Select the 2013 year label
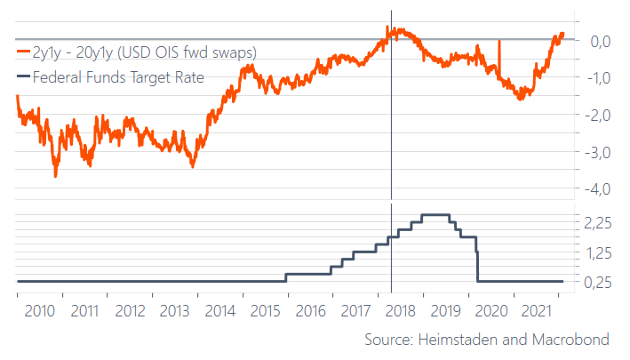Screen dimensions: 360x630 tap(175, 311)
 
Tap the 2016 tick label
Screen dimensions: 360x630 tap(309, 311)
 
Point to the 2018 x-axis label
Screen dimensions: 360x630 tap(399, 311)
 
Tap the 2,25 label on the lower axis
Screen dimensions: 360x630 tap(597, 223)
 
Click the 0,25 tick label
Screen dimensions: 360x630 tap(597, 282)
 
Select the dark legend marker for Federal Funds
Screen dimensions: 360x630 tap(22, 77)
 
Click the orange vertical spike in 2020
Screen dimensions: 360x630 tap(499, 58)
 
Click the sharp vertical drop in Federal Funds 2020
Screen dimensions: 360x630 tap(479, 260)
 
